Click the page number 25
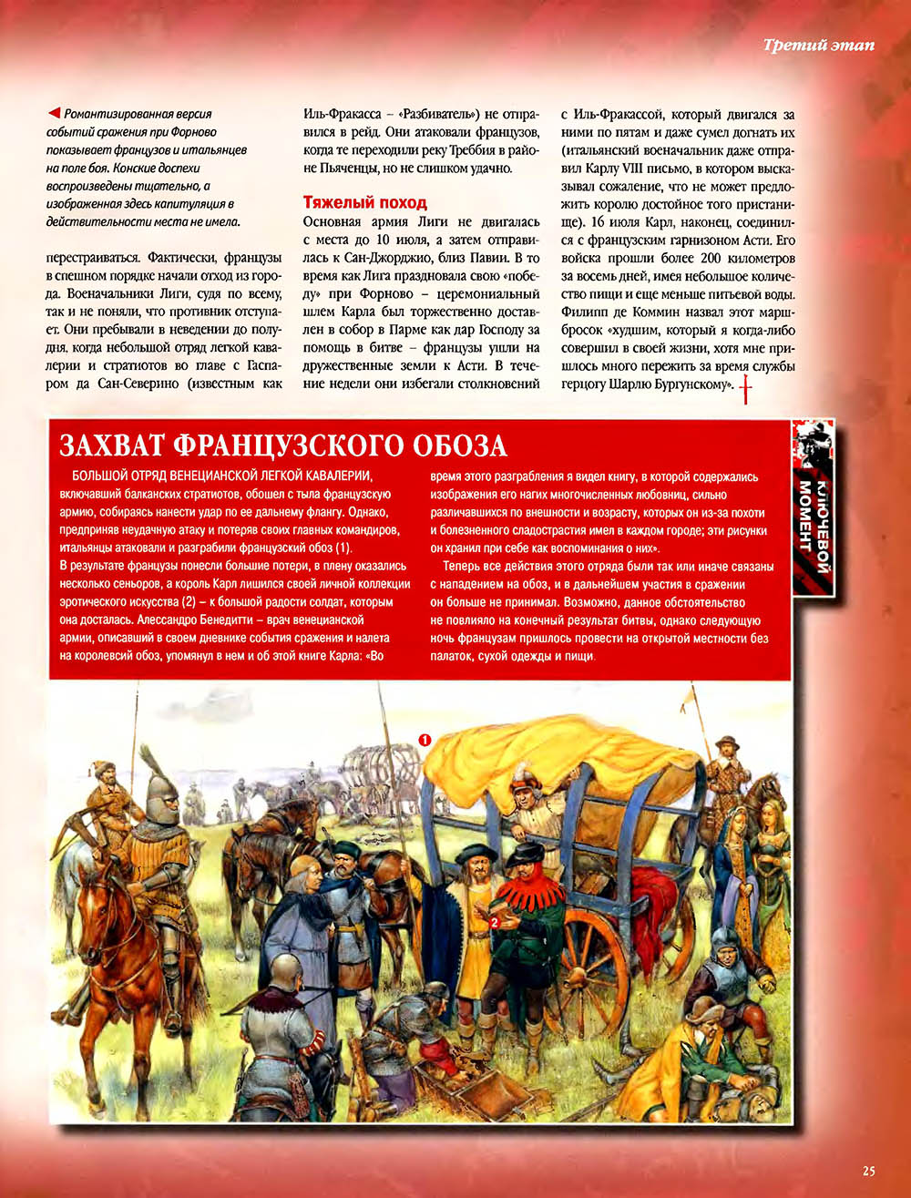868,1171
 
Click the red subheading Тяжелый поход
364,202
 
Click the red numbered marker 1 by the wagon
425,740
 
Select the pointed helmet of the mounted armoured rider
160,783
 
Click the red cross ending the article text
748,390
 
